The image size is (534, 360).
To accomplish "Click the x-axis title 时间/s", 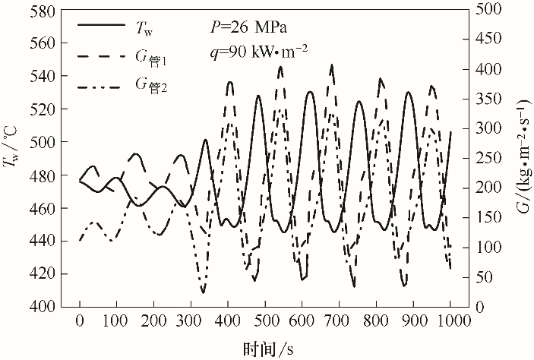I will pos(267,349).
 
